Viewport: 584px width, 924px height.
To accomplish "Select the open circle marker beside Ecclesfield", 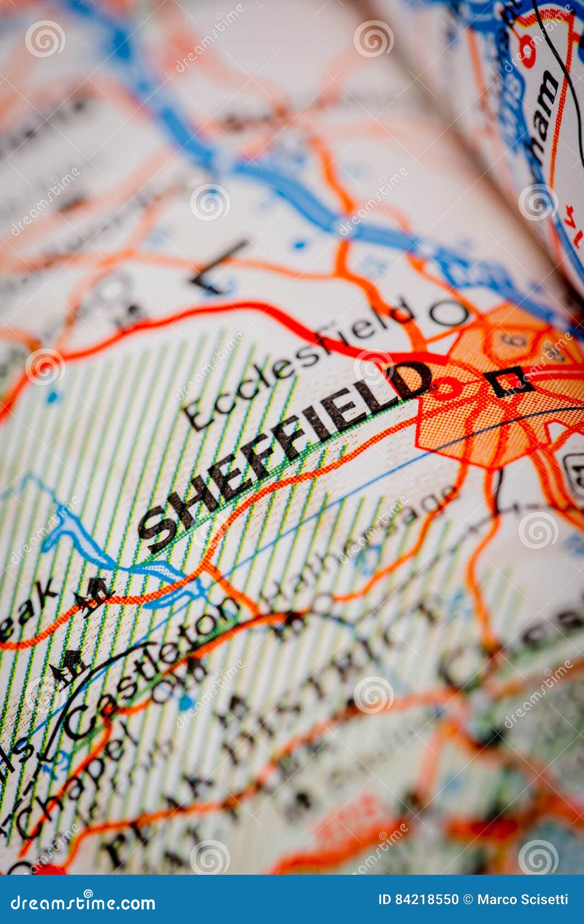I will [448, 313].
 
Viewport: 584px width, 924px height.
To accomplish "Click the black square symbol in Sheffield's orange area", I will [508, 381].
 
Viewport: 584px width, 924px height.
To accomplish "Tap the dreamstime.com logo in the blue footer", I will [83, 902].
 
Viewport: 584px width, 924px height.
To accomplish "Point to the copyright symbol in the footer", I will [468, 899].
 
